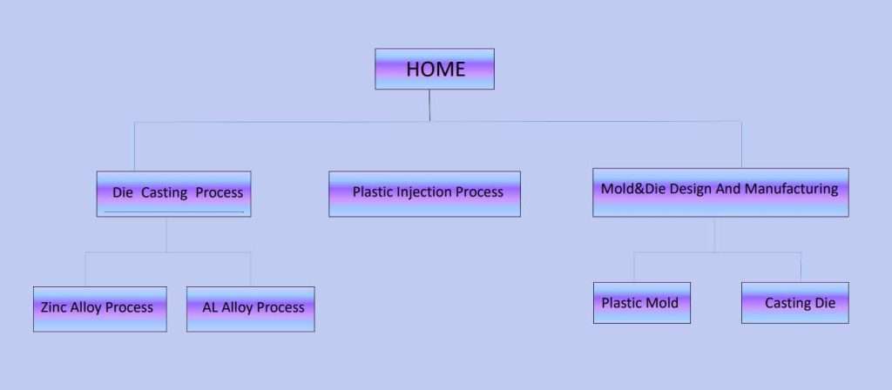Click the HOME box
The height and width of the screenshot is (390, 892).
coord(435,69)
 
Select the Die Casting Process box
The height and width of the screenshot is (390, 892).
coord(173,193)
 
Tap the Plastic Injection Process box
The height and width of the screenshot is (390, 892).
coord(424,193)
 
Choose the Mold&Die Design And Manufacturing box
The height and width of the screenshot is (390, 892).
coord(720,192)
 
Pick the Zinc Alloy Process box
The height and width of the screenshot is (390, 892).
coord(99,308)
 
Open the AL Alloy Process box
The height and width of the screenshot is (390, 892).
coord(250,308)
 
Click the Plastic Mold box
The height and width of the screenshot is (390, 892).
coord(641,303)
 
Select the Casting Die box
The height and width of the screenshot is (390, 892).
coord(794,303)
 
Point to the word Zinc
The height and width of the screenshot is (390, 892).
coord(55,307)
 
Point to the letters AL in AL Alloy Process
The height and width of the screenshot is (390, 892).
coord(210,307)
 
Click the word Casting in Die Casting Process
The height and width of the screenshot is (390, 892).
coord(165,192)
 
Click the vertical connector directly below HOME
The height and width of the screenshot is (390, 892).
coord(430,105)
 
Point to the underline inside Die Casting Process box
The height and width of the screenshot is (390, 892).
coord(173,212)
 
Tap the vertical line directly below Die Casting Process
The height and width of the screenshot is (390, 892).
coord(167,234)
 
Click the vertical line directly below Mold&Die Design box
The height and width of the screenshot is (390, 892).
coord(714,234)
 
